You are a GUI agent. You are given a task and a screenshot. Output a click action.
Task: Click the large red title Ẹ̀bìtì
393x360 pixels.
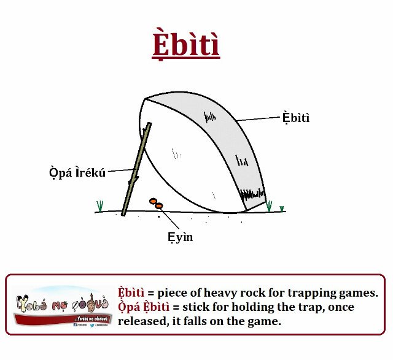185,45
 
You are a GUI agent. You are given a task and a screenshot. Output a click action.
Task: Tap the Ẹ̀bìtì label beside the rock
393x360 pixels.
296,118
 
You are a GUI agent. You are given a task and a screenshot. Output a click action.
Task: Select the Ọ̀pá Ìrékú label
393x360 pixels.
77,172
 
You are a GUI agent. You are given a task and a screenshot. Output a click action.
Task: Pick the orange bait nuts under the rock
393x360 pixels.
156,203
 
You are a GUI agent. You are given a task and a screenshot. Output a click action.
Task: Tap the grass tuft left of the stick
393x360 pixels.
99,206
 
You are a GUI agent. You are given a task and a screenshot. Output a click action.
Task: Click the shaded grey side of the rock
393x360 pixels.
227,141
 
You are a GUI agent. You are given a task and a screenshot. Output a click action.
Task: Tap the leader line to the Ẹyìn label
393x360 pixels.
169,220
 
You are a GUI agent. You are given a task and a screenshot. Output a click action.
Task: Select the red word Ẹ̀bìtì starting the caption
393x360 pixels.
131,293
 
